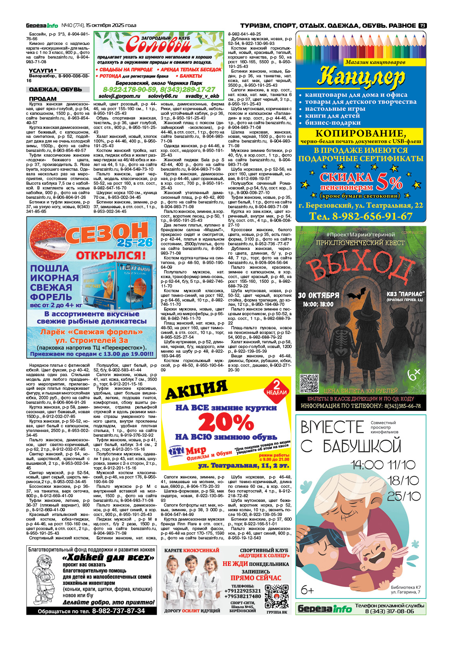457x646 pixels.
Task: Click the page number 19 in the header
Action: tap(422, 25)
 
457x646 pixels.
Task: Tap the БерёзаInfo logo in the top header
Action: tap(42, 25)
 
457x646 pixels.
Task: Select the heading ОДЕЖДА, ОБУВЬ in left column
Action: tap(56, 89)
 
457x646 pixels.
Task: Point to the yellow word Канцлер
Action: tap(360, 77)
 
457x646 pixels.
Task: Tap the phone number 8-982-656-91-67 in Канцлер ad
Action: tap(360, 216)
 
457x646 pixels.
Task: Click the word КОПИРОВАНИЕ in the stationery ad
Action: tap(360, 133)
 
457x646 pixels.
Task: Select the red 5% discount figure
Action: tap(389, 182)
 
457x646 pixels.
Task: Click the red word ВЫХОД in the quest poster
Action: tap(360, 266)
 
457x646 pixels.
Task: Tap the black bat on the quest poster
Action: tap(356, 293)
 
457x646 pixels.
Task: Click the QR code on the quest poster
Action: tap(309, 383)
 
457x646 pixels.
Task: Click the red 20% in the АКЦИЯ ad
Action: tap(226, 422)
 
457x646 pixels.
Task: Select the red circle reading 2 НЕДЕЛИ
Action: tap(276, 388)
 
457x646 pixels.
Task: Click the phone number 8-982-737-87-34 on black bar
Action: tap(118, 611)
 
